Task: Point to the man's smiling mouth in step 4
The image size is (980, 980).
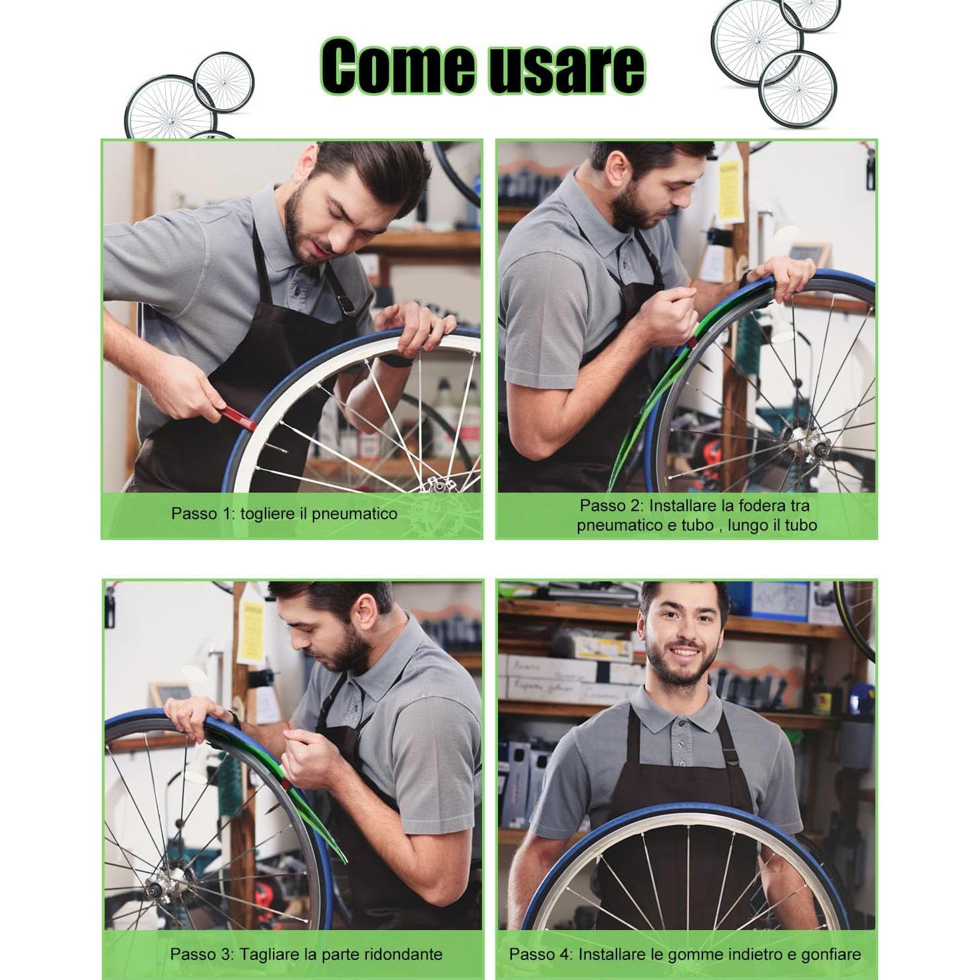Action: point(681,653)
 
